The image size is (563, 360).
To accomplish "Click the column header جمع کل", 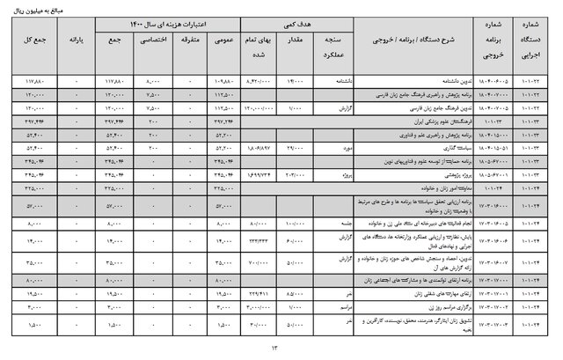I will [x=36, y=41].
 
